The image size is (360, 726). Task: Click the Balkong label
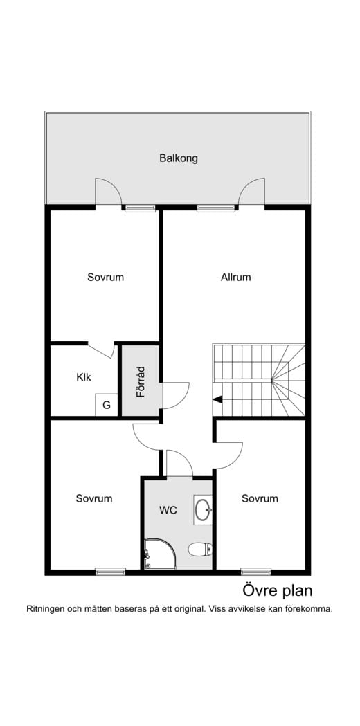179,158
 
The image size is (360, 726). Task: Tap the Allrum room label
236,278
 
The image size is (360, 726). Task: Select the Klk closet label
84,377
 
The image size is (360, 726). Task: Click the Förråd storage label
141,382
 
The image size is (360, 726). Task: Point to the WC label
168,510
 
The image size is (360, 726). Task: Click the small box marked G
107,405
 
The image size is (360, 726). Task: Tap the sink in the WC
203,510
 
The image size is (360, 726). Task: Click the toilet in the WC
200,550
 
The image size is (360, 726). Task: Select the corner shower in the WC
160,553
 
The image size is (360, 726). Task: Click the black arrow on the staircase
217,399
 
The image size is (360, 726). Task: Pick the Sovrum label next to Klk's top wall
106,278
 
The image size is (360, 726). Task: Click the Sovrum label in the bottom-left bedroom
94,499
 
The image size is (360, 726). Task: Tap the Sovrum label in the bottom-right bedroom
260,499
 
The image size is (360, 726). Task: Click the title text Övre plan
278,591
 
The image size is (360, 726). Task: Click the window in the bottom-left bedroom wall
110,572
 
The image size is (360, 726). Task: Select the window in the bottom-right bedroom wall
255,572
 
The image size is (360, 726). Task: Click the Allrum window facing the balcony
216,208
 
